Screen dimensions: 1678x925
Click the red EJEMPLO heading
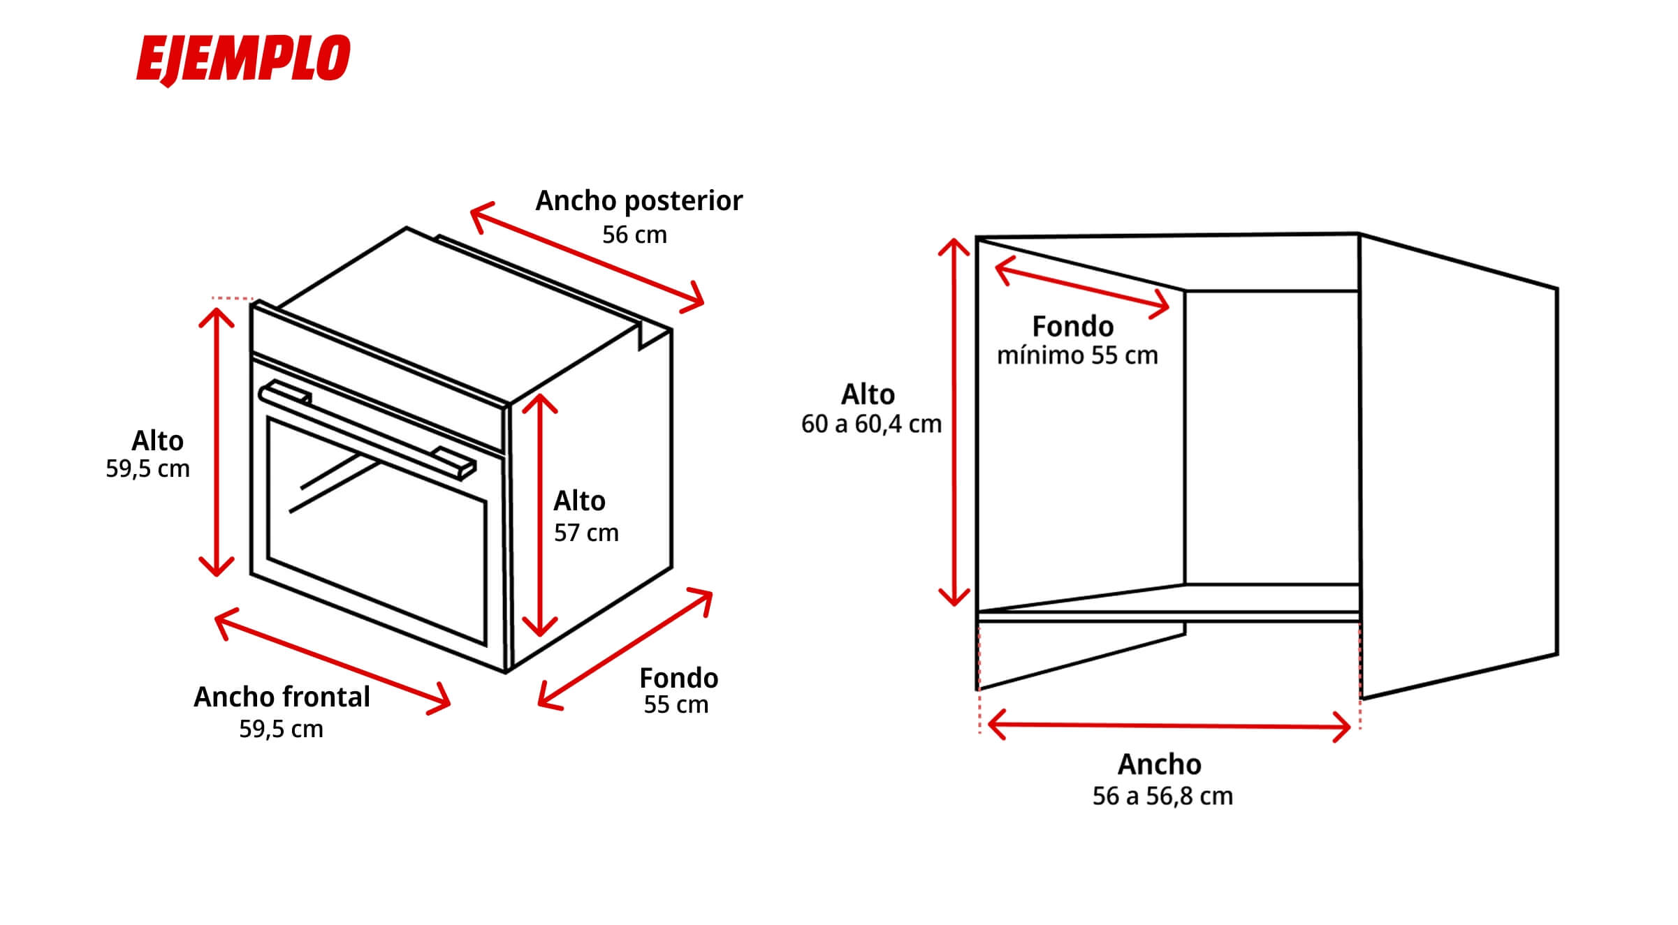point(243,60)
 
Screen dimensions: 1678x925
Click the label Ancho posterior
point(639,202)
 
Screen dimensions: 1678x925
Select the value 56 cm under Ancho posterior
point(634,235)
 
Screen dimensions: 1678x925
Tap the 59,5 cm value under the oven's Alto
point(147,469)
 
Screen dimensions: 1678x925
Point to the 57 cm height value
point(586,533)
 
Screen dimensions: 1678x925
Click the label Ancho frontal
point(282,697)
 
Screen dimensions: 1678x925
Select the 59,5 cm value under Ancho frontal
point(281,730)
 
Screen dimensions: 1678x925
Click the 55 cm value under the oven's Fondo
point(676,705)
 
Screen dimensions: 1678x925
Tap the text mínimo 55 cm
point(1077,356)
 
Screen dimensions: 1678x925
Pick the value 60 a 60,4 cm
point(871,424)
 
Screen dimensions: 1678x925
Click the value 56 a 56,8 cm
point(1162,797)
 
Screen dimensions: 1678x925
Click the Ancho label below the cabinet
point(1160,764)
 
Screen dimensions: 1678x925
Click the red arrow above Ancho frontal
point(333,661)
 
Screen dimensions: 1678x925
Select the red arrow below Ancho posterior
point(587,258)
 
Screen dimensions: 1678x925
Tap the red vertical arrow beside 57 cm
point(540,515)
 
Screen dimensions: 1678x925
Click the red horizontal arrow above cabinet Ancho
point(1169,726)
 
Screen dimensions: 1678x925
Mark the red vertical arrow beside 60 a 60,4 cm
point(954,422)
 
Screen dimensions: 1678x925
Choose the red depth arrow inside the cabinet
point(1081,288)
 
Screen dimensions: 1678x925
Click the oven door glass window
point(377,531)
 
